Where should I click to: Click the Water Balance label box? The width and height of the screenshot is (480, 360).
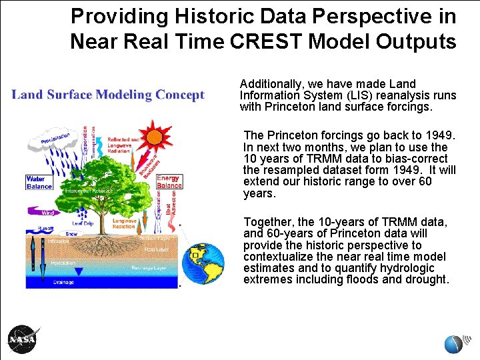(x=39, y=182)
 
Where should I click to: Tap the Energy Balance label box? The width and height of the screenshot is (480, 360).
(x=169, y=181)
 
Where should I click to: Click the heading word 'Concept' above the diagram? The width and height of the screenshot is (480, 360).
(x=179, y=95)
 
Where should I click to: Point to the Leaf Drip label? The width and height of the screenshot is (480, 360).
(x=82, y=223)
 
